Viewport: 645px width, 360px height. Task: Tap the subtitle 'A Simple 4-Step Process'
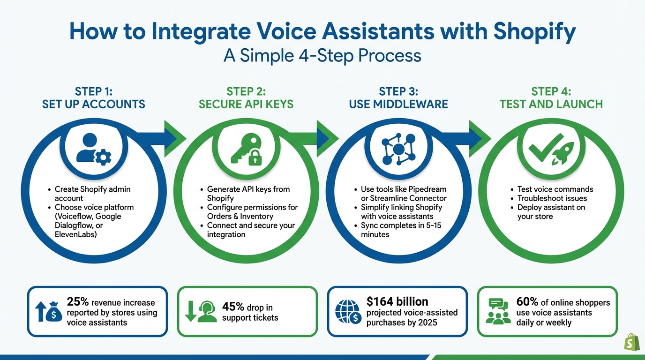pos(322,55)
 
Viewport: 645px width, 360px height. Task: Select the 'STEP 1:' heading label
pos(93,91)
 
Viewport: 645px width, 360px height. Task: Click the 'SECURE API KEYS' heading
pos(246,104)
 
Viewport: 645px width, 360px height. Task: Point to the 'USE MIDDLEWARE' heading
pos(398,104)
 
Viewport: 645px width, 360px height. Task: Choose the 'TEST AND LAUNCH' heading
pos(551,104)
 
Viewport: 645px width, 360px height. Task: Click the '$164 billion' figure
pos(397,301)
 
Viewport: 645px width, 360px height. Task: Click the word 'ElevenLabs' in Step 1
pos(76,234)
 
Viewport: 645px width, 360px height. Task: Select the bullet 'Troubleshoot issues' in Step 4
pos(552,198)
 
